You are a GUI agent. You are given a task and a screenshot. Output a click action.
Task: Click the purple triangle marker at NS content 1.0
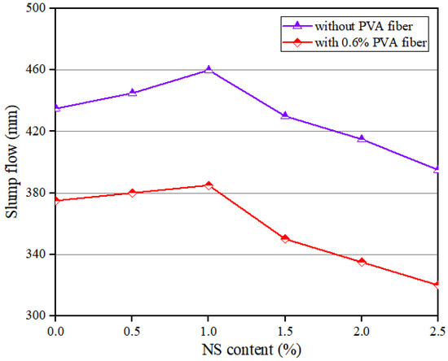click(209, 70)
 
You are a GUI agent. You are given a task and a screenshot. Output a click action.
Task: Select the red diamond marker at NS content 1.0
click(209, 185)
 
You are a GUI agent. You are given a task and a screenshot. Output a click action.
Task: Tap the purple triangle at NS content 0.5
click(132, 93)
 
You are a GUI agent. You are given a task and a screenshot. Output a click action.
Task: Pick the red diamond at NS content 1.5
click(285, 239)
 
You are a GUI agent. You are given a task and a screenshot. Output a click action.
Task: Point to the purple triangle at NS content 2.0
click(362, 139)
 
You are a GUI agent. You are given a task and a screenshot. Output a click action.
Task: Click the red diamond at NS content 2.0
click(362, 262)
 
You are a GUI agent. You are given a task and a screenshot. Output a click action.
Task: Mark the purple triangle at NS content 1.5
click(285, 115)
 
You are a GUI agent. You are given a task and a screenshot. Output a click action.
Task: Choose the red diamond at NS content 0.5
click(132, 193)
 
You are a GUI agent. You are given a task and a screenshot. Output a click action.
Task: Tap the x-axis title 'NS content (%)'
click(247, 350)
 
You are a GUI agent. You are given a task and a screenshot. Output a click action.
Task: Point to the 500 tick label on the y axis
click(36, 9)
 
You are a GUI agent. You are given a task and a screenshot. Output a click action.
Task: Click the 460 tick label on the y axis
click(36, 70)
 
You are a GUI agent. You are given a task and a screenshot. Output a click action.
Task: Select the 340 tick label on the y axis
click(36, 254)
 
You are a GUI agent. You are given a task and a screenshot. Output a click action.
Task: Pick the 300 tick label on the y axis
click(36, 315)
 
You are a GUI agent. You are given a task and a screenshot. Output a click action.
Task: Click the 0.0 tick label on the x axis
click(55, 331)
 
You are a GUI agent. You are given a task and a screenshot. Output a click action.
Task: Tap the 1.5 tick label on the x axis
click(285, 331)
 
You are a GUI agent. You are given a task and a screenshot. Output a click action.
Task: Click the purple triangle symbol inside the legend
click(321, 24)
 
